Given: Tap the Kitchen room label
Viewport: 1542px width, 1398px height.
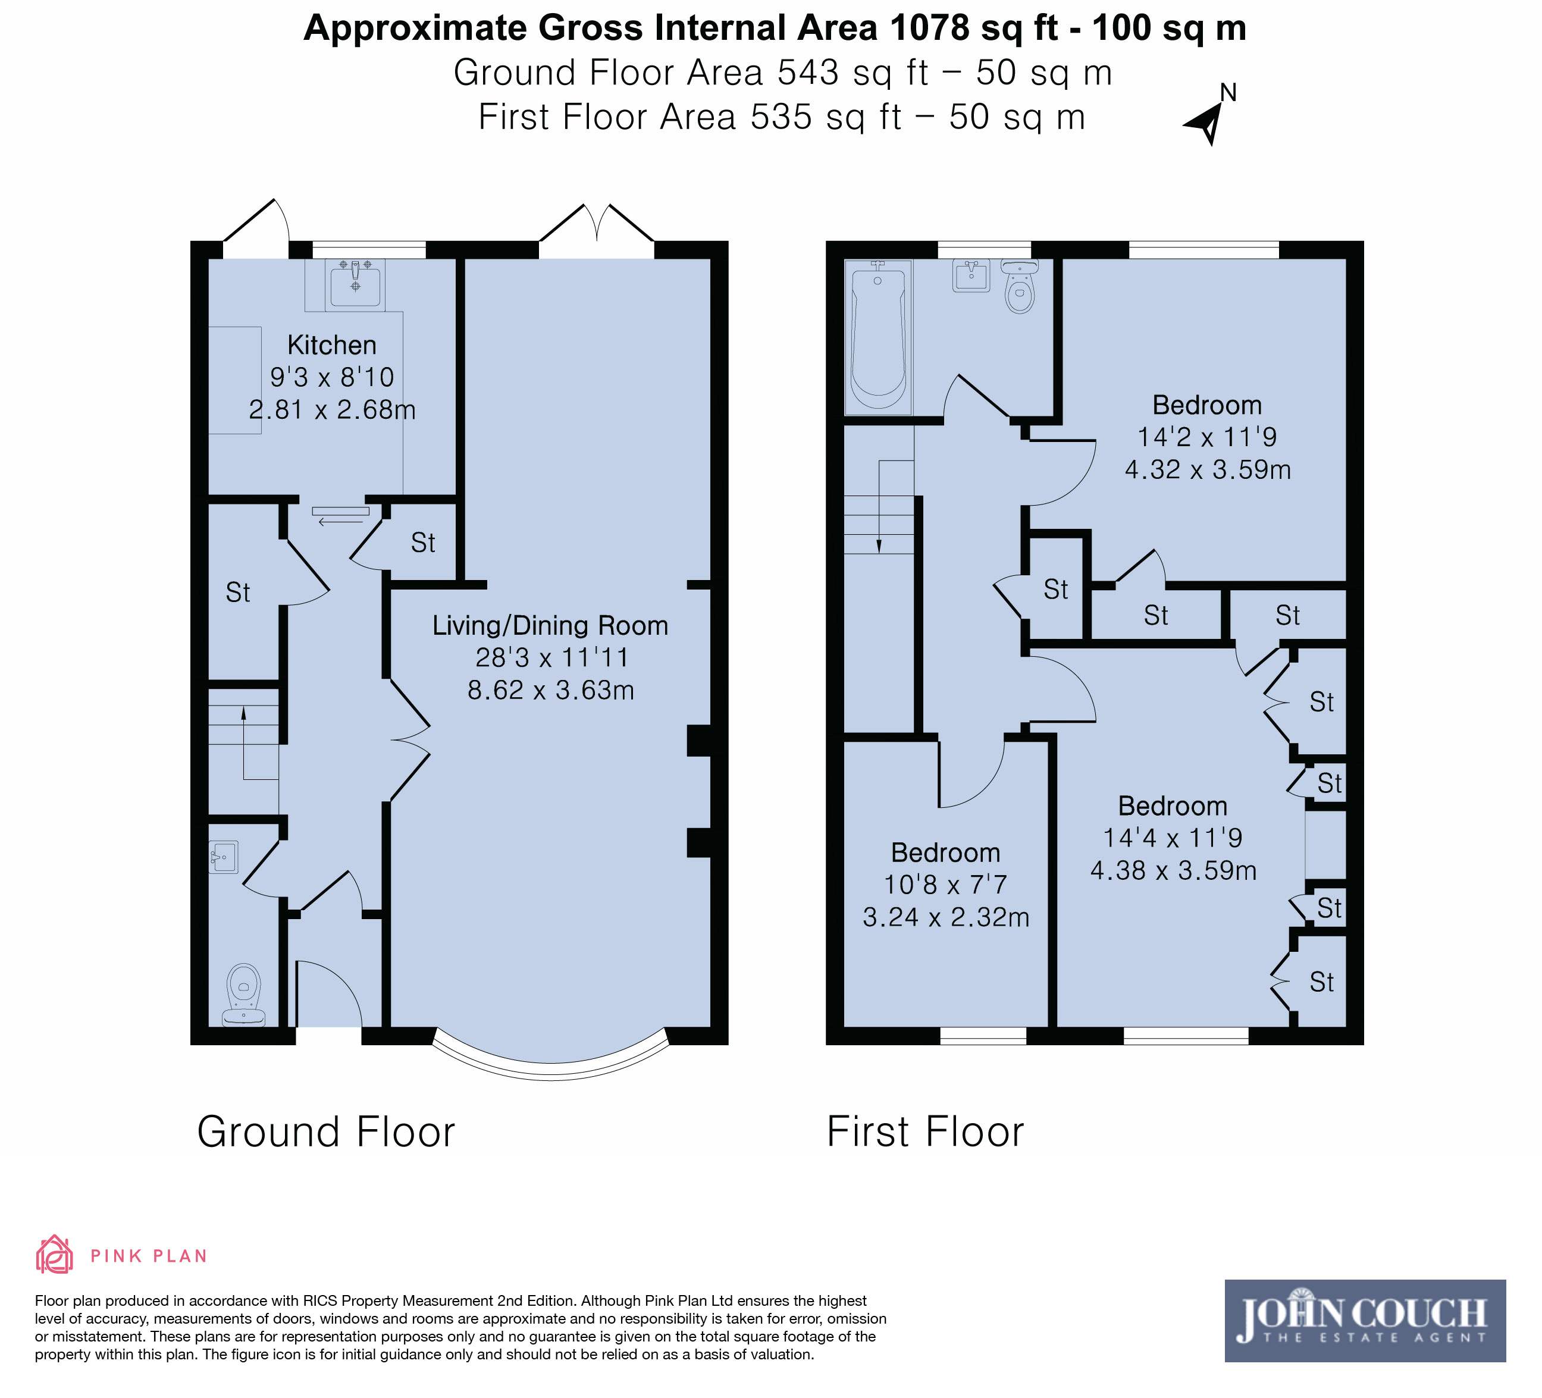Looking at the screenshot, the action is coord(332,346).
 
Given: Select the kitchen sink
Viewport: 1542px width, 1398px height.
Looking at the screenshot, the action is coord(355,284).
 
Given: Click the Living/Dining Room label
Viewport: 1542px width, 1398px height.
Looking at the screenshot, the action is coord(550,626).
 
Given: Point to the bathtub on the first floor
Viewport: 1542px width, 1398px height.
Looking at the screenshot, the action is coord(878,337).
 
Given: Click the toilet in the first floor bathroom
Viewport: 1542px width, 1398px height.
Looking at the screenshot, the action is coord(1020,286).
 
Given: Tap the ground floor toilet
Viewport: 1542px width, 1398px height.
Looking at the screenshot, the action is coord(244,993).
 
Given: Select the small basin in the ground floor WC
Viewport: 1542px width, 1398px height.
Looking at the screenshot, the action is coord(223,857).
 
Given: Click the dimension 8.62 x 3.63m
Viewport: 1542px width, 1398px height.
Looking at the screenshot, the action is coord(551,690).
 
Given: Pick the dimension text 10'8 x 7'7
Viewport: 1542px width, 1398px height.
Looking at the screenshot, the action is coord(945,884).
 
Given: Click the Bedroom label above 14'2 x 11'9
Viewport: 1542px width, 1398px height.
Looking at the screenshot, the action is coord(1207,405).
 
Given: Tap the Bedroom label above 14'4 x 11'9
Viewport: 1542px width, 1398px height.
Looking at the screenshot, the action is coord(1173,805).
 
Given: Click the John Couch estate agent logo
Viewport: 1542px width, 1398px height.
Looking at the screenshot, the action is coord(1365,1321).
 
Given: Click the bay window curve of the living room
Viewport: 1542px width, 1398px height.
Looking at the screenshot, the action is coord(551,1069).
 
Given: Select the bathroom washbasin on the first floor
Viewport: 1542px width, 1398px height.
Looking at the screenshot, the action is coord(971,275).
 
